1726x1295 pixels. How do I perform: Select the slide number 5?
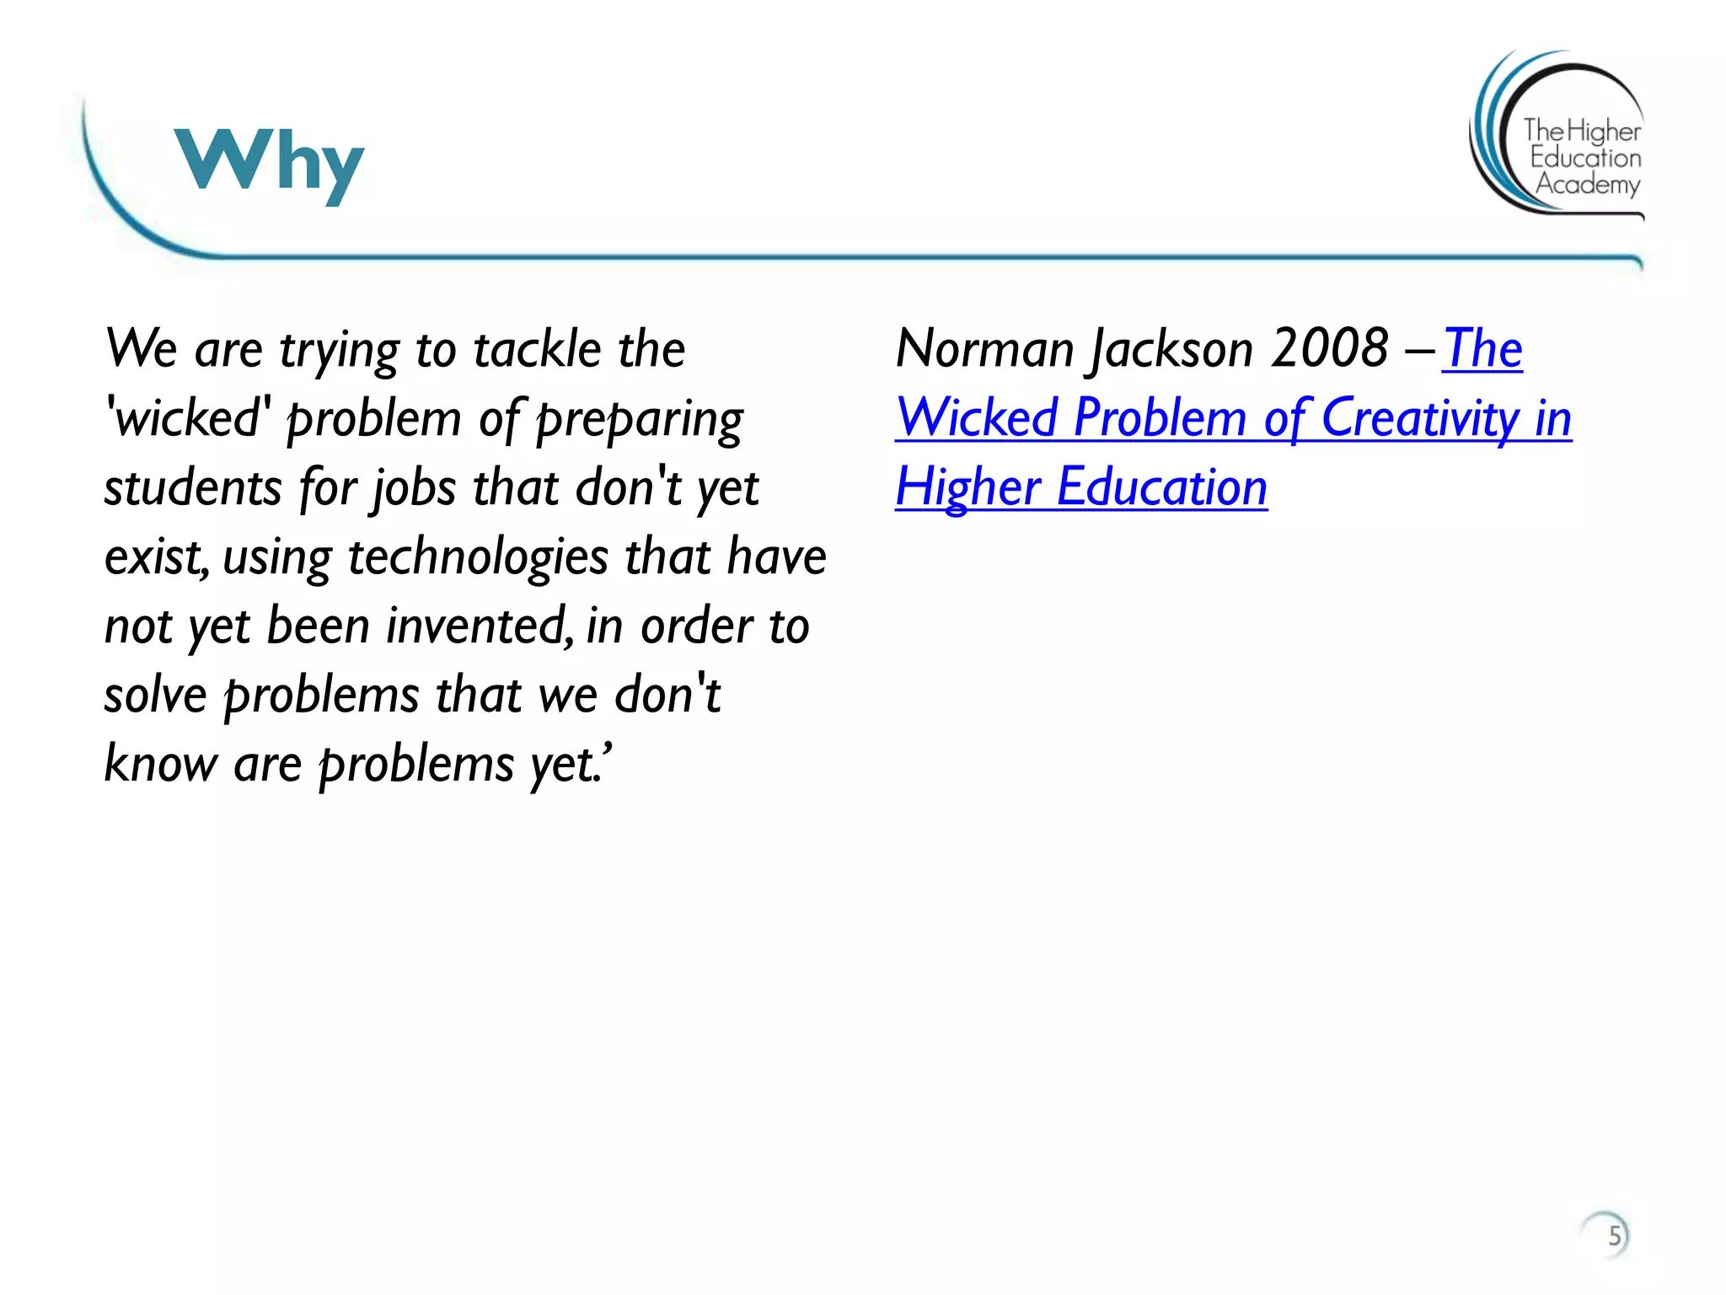pyautogui.click(x=1613, y=1236)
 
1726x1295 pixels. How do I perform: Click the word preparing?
pyautogui.click(x=640, y=420)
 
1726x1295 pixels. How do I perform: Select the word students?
pyautogui.click(x=193, y=487)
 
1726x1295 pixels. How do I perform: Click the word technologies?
pyautogui.click(x=477, y=558)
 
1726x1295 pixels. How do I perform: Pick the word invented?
pyautogui.click(x=479, y=626)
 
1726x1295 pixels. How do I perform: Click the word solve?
pyautogui.click(x=155, y=696)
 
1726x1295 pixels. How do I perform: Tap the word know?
pyautogui.click(x=160, y=764)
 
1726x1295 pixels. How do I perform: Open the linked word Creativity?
pyautogui.click(x=1420, y=418)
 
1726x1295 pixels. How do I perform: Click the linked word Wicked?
pyautogui.click(x=977, y=418)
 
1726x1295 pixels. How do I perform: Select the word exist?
pyautogui.click(x=155, y=557)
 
